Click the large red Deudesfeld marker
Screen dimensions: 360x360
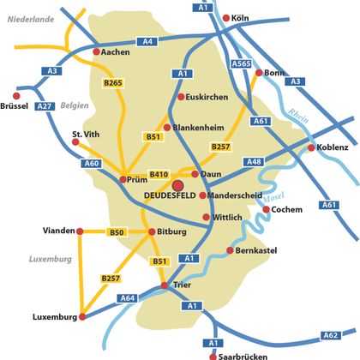(x=177, y=185)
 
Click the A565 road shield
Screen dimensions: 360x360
(x=241, y=63)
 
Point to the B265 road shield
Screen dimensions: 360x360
(x=114, y=82)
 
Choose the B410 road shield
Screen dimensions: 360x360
(x=159, y=174)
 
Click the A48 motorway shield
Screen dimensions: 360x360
(x=253, y=161)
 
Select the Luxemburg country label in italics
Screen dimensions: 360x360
(x=50, y=258)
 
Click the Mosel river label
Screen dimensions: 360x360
(x=273, y=198)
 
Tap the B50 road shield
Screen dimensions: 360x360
(x=117, y=232)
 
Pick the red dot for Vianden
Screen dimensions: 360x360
(x=80, y=231)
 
